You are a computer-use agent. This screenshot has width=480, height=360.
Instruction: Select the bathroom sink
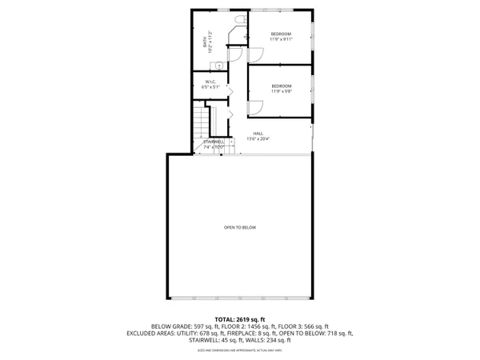215,66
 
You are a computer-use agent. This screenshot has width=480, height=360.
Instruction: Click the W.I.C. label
211,81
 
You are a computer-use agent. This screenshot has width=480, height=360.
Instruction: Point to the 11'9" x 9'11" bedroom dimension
281,38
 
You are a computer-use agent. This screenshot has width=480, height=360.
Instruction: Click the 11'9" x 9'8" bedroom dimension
281,91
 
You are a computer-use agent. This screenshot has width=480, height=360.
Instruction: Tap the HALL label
258,133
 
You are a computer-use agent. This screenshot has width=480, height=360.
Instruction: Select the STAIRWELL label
214,142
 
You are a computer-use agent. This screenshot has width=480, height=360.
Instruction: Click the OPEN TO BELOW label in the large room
240,228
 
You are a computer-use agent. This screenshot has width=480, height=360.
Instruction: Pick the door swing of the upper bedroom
257,53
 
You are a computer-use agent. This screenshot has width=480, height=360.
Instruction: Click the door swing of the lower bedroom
256,108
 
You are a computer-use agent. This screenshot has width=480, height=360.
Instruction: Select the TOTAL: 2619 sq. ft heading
240,319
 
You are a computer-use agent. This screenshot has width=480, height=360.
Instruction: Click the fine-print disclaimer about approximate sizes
240,350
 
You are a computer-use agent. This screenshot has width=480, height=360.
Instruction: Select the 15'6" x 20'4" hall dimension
258,139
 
